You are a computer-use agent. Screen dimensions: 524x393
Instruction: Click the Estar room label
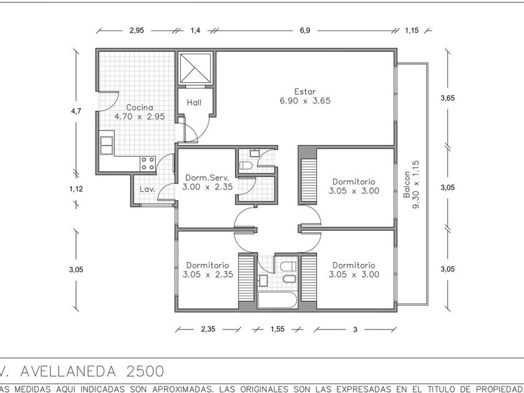pyautogui.click(x=305, y=91)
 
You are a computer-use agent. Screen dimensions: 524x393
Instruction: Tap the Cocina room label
pyautogui.click(x=140, y=107)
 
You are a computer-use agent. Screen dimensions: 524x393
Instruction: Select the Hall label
pyautogui.click(x=194, y=102)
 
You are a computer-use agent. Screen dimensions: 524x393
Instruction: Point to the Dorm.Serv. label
pyautogui.click(x=207, y=177)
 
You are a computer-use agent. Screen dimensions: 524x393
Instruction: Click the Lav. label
pyautogui.click(x=147, y=189)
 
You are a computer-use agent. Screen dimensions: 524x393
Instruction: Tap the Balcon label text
pyautogui.click(x=407, y=185)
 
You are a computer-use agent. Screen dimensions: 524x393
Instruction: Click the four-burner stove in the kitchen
pyautogui.click(x=148, y=163)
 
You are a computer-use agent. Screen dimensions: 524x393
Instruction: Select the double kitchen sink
pyautogui.click(x=107, y=145)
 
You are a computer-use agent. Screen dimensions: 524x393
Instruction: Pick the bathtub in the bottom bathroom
pyautogui.click(x=277, y=300)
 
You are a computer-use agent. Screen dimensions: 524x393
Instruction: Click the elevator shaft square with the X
pyautogui.click(x=195, y=68)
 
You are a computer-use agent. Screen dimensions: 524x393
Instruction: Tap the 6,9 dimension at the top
pyautogui.click(x=305, y=31)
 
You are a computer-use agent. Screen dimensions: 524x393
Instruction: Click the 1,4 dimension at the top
pyautogui.click(x=195, y=31)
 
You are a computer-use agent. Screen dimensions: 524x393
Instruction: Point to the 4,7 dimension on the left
pyautogui.click(x=76, y=111)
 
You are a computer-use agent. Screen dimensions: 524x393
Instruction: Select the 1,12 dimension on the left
pyautogui.click(x=76, y=189)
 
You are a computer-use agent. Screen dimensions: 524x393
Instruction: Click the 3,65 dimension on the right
pyautogui.click(x=447, y=98)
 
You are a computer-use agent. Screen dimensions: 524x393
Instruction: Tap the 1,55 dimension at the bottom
pyautogui.click(x=278, y=329)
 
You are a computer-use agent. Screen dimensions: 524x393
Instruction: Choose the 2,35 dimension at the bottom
pyautogui.click(x=208, y=329)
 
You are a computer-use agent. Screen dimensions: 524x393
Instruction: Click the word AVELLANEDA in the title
pyautogui.click(x=69, y=371)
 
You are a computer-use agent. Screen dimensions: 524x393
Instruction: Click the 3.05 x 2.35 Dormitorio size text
pyautogui.click(x=208, y=274)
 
